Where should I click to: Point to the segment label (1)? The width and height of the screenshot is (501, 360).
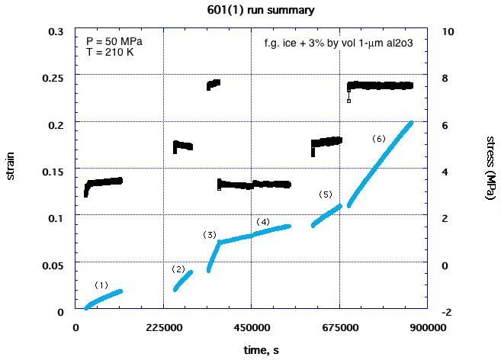click(101, 284)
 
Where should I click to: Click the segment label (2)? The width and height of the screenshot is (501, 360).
click(178, 268)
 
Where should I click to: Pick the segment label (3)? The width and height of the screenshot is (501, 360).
click(210, 234)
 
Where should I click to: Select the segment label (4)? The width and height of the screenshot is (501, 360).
click(262, 221)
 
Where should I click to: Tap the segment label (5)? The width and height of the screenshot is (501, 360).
click(326, 194)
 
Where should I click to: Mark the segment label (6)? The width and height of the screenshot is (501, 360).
click(379, 138)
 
